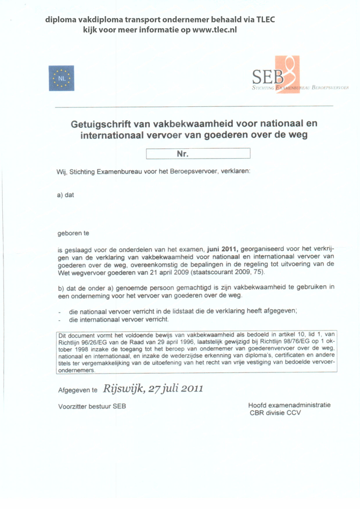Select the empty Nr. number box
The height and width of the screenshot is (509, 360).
[197, 153]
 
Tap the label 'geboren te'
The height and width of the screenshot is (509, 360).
[72, 234]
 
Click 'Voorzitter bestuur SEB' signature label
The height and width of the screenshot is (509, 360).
[92, 406]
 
